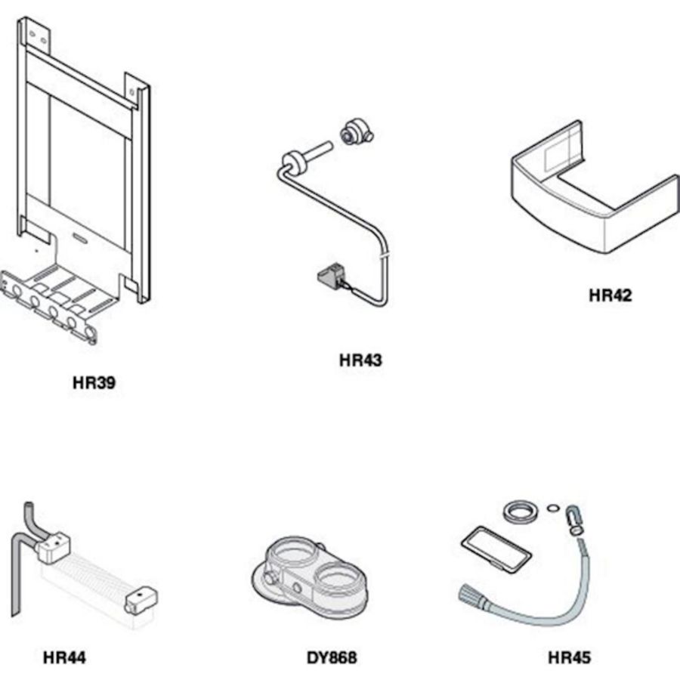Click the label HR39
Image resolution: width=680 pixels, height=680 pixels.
[x=94, y=383]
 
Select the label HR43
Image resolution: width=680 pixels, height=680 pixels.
[x=360, y=360]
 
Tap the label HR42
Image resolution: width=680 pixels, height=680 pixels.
[x=610, y=295]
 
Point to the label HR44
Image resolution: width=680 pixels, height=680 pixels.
[x=64, y=657]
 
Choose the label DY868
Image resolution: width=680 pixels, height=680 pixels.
[x=332, y=657]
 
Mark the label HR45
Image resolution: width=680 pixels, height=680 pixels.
[x=569, y=657]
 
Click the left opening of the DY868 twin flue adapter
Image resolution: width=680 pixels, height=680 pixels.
[x=292, y=555]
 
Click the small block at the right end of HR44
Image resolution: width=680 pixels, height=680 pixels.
[x=141, y=599]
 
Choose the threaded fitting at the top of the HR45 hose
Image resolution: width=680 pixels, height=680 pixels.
[x=575, y=520]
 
